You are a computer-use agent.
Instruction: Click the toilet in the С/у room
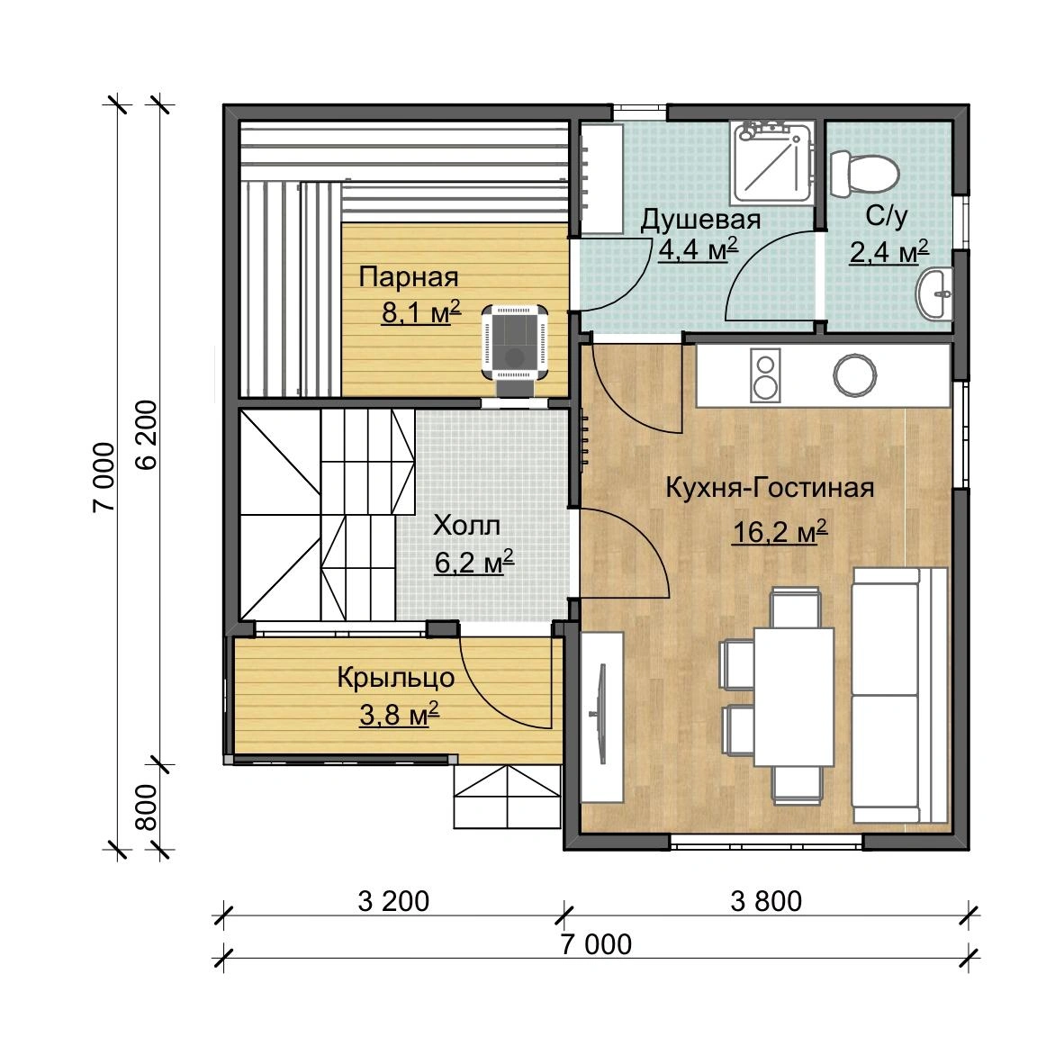pyautogui.click(x=864, y=172)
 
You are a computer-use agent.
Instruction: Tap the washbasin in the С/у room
pyautogui.click(x=935, y=293)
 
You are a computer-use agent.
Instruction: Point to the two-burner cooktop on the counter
pyautogui.click(x=765, y=375)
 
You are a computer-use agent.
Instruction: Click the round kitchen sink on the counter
pyautogui.click(x=855, y=375)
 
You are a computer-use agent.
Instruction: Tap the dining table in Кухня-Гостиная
pyautogui.click(x=794, y=697)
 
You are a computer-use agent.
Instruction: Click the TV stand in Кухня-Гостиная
pyautogui.click(x=602, y=717)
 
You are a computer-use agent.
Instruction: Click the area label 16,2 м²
pyautogui.click(x=780, y=531)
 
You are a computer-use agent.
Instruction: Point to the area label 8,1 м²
pyautogui.click(x=420, y=312)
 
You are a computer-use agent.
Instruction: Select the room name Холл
pyautogui.click(x=467, y=525)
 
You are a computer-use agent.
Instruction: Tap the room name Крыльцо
pyautogui.click(x=395, y=678)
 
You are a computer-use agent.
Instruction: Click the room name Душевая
pyautogui.click(x=700, y=220)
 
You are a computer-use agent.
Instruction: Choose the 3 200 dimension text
pyautogui.click(x=393, y=901)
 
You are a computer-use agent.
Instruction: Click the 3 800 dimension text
pyautogui.click(x=766, y=901)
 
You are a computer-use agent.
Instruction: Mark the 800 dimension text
pyautogui.click(x=146, y=807)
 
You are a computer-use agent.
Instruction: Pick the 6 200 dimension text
pyautogui.click(x=146, y=435)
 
